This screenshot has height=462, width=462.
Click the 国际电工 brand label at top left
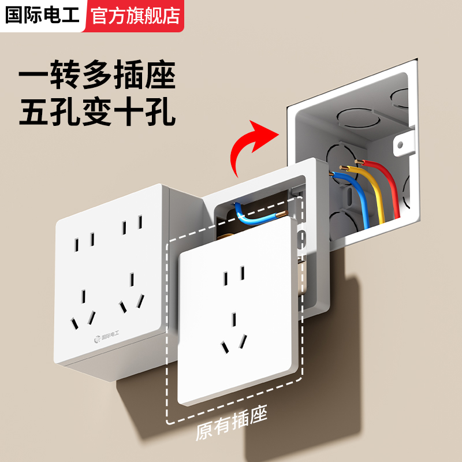(42, 15)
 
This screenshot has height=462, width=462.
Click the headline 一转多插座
(97, 77)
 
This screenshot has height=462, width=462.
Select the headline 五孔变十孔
(97, 113)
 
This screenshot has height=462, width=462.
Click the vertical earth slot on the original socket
(234, 320)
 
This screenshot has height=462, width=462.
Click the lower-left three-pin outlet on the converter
(83, 309)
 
